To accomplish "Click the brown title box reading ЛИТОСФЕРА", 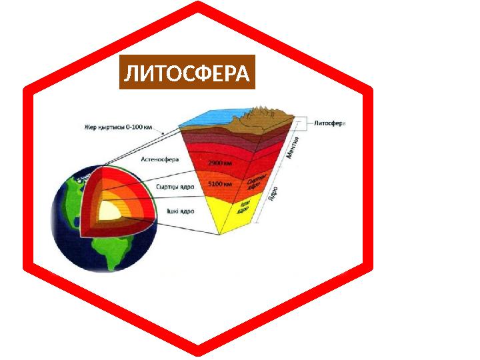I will tap(187, 73).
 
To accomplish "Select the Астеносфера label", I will tap(160, 159).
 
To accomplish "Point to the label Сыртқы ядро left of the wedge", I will tap(175, 187).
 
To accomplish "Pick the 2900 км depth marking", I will tap(219, 163).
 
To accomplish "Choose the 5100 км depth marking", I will tap(219, 184).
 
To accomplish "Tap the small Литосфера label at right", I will tap(329, 123).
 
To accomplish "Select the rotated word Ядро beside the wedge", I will tap(273, 194).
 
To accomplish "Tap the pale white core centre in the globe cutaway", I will tap(107, 212).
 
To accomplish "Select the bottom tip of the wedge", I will tap(220, 234).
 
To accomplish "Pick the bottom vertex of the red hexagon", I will tap(198, 351).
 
